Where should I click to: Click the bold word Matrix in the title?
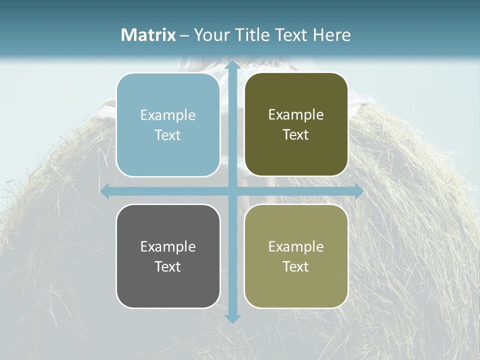[148, 35]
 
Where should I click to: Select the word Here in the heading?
[331, 35]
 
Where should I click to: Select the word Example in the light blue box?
[168, 115]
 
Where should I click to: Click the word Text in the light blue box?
[168, 135]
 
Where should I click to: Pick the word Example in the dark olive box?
[296, 115]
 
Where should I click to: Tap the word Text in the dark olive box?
[296, 135]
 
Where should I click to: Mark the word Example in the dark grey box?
[168, 247]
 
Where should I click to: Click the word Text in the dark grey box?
[168, 267]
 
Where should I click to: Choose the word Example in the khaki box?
[296, 247]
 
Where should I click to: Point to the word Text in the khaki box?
[296, 267]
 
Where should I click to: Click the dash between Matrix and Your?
[184, 35]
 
